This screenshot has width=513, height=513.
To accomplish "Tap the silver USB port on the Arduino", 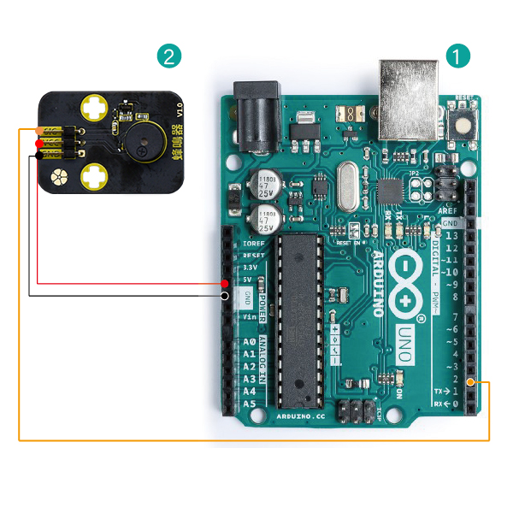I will [409, 97].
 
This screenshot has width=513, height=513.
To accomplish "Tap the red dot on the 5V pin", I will [224, 283].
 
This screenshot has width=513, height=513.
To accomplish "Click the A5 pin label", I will [250, 403].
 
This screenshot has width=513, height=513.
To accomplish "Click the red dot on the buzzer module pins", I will [39, 144].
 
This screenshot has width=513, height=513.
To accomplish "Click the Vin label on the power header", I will [250, 316].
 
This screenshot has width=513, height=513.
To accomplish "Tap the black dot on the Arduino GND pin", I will [224, 296].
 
